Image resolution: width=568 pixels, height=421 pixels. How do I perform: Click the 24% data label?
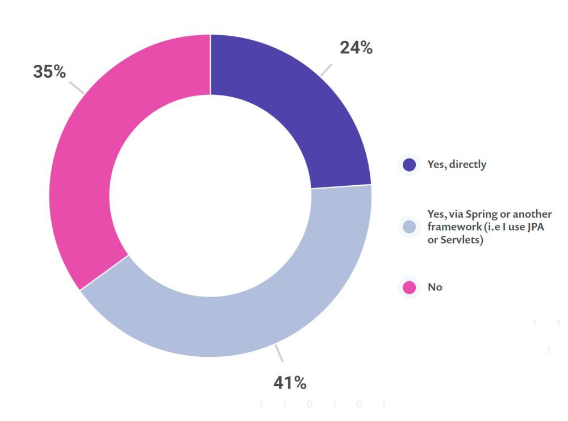(356, 48)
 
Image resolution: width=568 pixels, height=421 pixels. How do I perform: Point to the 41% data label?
(290, 383)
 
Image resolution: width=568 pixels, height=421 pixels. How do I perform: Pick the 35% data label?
(49, 72)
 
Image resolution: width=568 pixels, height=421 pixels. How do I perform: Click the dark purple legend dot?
(409, 165)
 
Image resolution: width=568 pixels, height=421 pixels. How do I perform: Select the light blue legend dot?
(409, 227)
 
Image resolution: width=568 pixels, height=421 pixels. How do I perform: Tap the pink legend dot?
(409, 287)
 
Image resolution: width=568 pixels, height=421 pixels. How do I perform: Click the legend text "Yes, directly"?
(457, 165)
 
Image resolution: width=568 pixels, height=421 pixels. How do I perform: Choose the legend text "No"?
(435, 287)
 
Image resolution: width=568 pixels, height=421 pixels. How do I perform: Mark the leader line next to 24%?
(325, 69)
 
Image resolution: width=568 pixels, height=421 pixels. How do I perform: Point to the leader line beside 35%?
(77, 87)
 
